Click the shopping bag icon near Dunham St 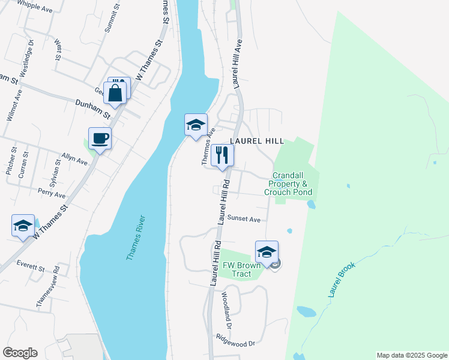115,93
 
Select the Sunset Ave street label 244,219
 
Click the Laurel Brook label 342,280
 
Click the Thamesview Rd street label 48,287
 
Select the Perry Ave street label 52,195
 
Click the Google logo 20,353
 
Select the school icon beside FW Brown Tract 267,251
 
